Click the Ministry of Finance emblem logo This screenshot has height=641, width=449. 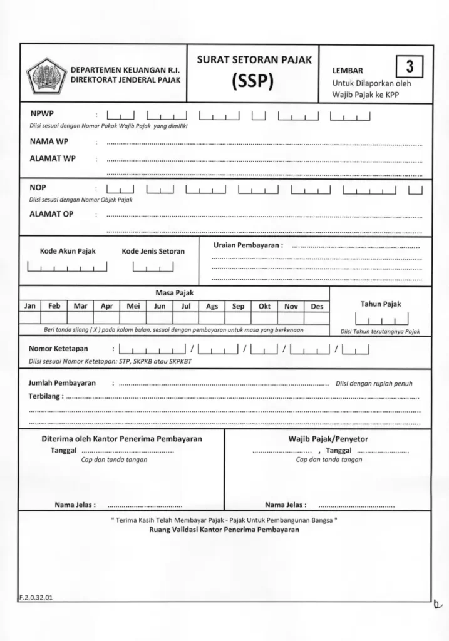44,74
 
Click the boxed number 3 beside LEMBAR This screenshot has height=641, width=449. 410,66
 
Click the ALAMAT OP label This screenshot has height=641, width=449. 51,214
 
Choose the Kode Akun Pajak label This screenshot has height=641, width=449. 68,251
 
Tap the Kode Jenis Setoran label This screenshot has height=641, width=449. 153,251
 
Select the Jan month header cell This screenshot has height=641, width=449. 30,306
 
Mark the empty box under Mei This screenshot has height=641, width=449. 133,318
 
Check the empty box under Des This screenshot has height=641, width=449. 317,318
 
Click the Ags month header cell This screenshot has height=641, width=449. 212,306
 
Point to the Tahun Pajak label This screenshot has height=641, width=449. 380,304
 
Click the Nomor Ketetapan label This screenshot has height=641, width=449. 58,349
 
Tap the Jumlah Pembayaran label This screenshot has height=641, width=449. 62,383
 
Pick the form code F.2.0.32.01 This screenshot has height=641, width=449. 36,597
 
